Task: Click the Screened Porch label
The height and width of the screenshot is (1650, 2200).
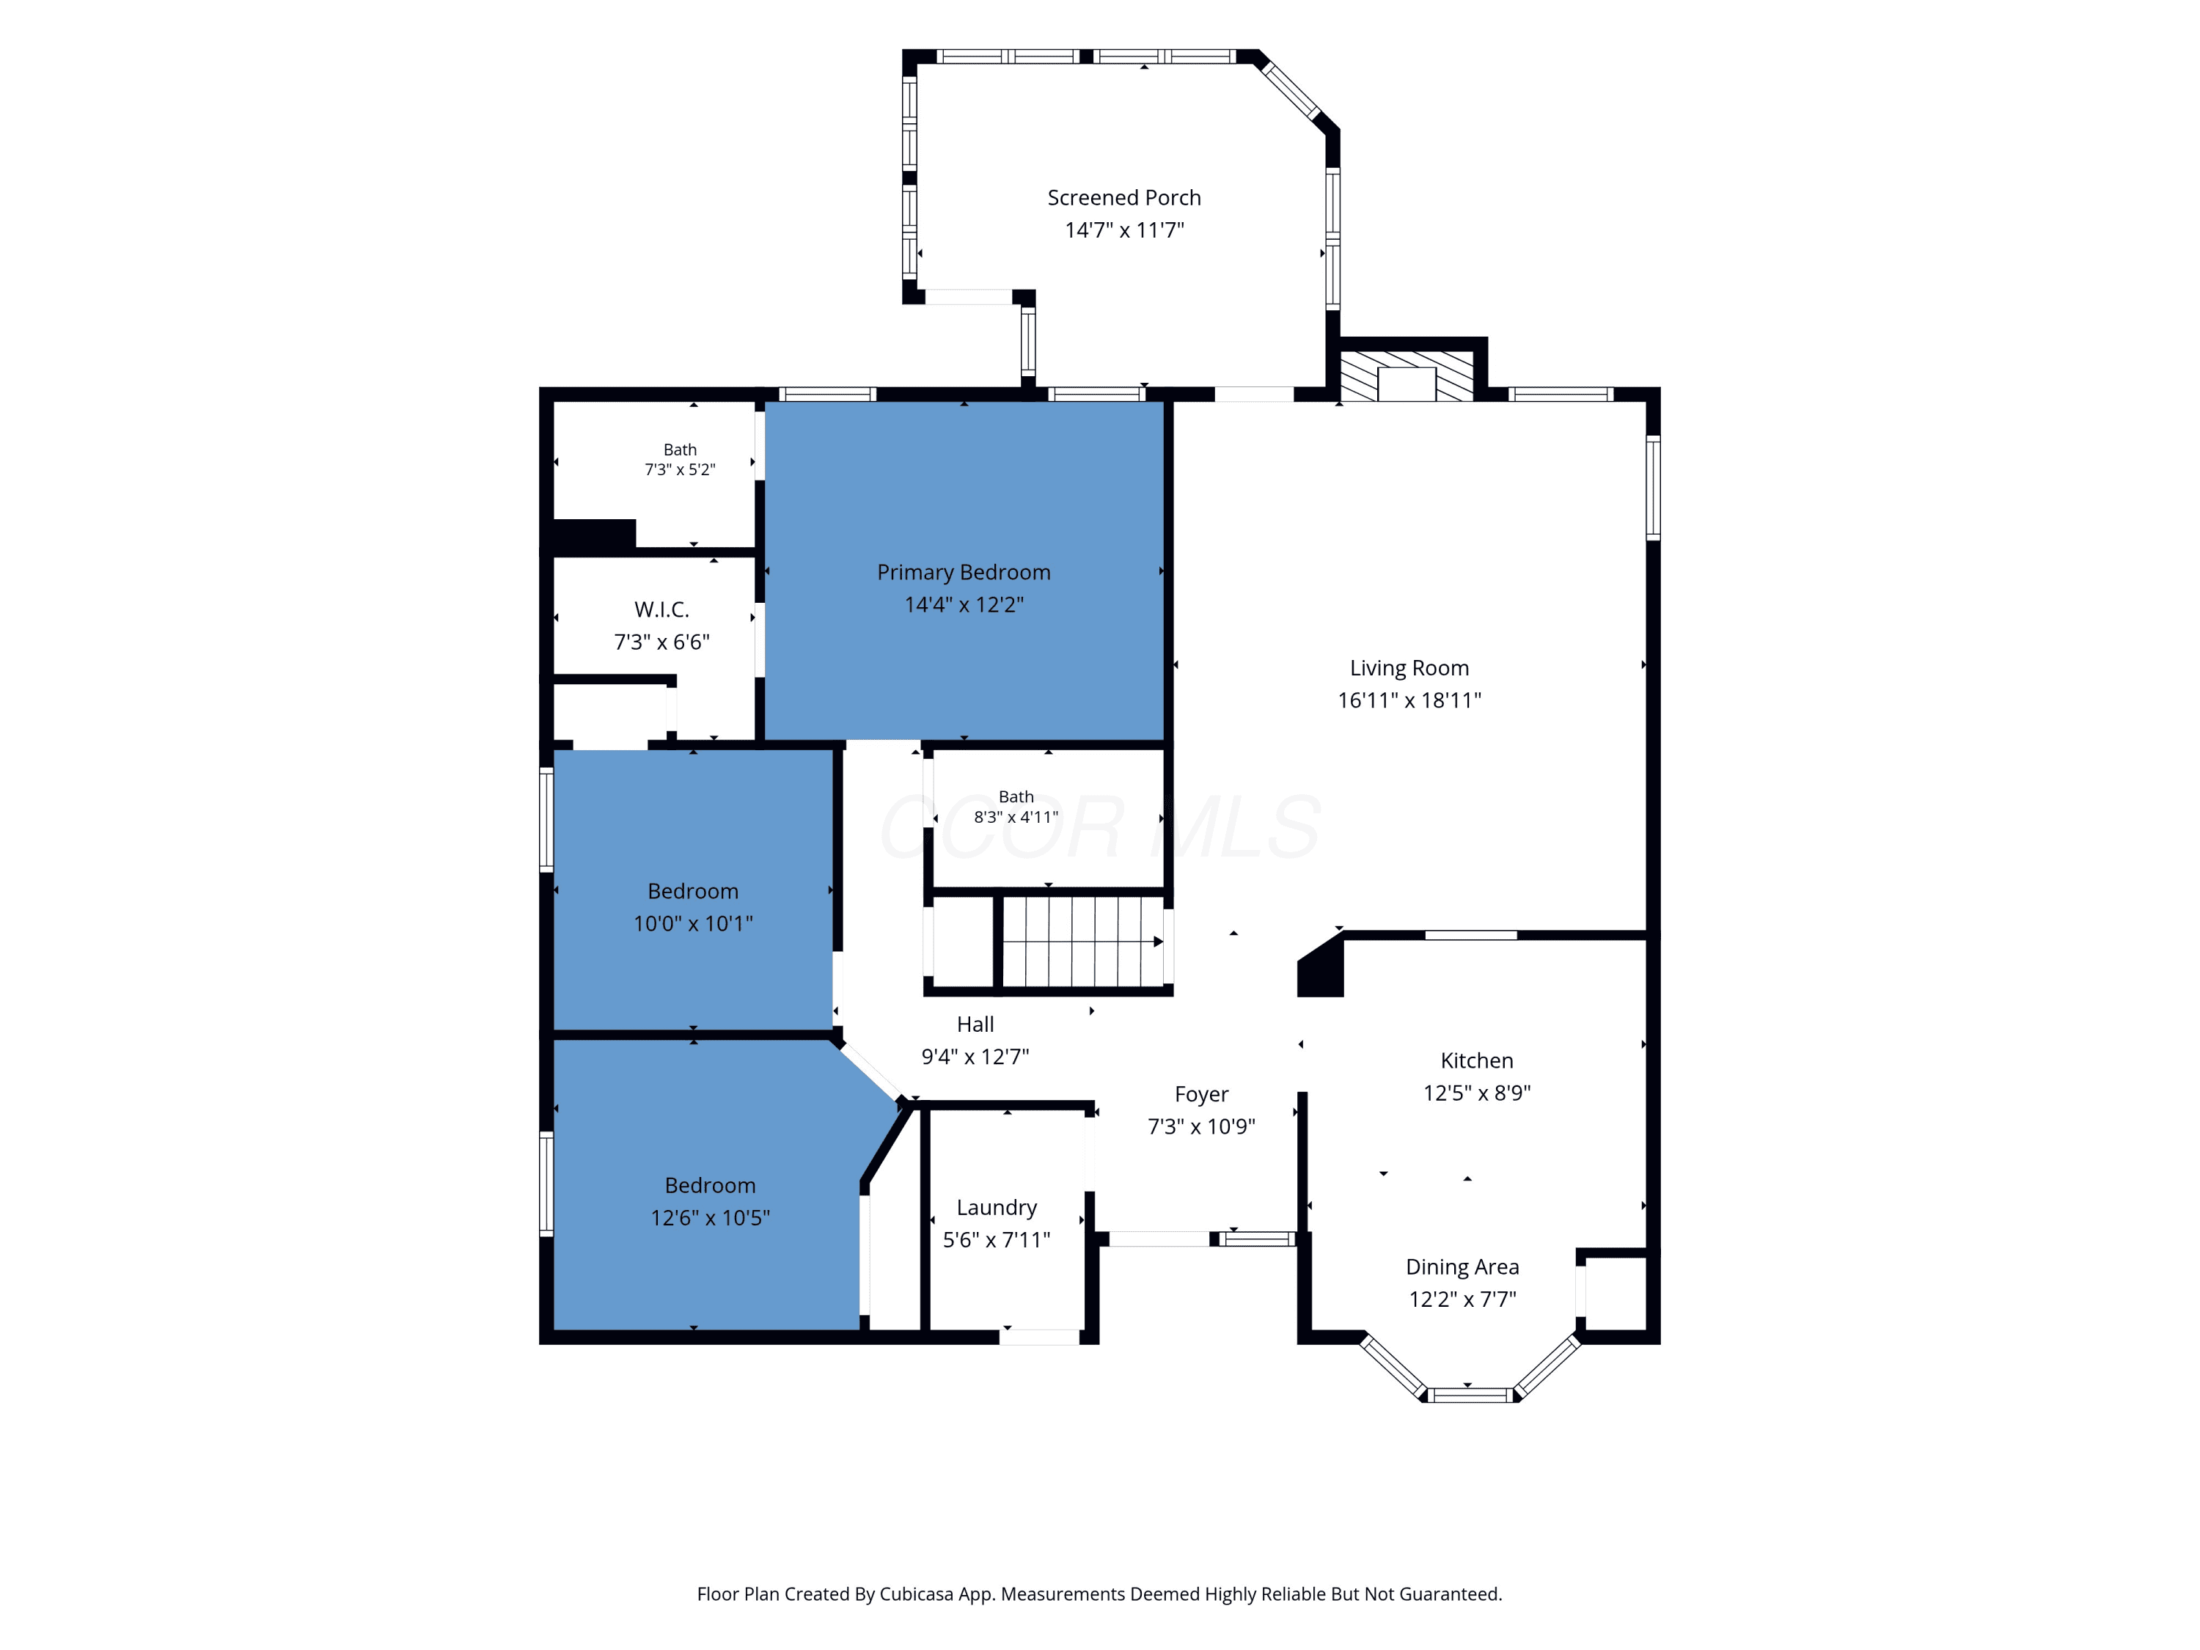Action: pyautogui.click(x=1124, y=198)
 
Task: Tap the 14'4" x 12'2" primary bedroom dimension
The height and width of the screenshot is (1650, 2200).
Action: pyautogui.click(x=964, y=605)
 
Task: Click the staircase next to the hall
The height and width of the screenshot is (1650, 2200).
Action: pyautogui.click(x=1083, y=941)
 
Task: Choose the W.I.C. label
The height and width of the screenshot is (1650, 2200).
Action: pyautogui.click(x=661, y=609)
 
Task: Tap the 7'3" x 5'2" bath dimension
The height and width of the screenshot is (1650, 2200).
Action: pyautogui.click(x=681, y=469)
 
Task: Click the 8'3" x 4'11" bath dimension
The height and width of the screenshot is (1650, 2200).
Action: pyautogui.click(x=1016, y=818)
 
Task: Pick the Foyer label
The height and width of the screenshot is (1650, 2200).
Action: pyautogui.click(x=1201, y=1095)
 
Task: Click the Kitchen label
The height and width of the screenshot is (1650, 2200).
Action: pyautogui.click(x=1477, y=1061)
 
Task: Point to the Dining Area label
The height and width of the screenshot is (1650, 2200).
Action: pyautogui.click(x=1462, y=1267)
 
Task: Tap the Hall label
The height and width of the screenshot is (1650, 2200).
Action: pyautogui.click(x=975, y=1024)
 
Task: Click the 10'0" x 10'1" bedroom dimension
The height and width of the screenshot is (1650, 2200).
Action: pyautogui.click(x=693, y=924)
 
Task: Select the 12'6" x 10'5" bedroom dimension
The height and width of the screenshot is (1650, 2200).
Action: pyautogui.click(x=710, y=1218)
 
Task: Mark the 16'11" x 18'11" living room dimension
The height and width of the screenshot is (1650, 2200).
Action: pyautogui.click(x=1409, y=700)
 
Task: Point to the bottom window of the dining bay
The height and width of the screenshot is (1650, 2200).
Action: pyautogui.click(x=1471, y=1396)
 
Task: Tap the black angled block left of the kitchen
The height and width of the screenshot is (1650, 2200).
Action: pyautogui.click(x=1321, y=965)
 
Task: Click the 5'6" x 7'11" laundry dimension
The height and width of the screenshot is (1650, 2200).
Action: pyautogui.click(x=997, y=1240)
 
